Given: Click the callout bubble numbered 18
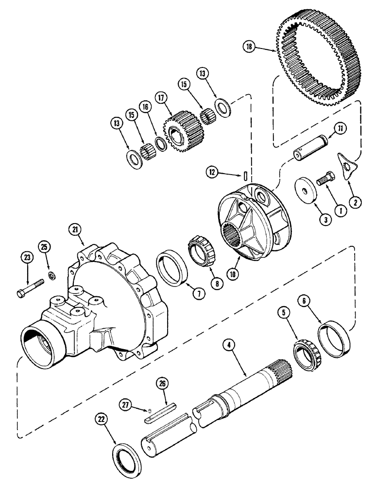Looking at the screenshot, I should point(249,47).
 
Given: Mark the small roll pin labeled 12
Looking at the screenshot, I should point(247,173).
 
